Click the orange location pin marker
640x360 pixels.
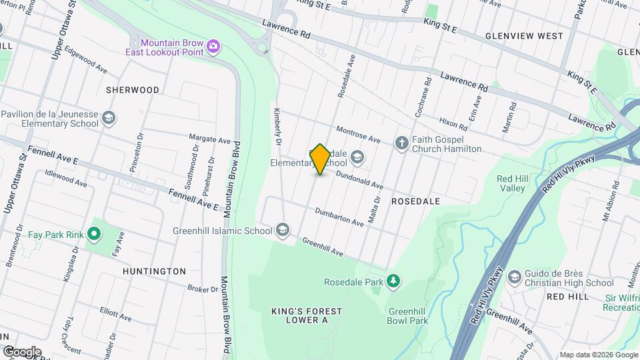320,159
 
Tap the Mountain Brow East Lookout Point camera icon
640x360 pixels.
213,46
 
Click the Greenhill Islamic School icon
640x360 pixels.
283,231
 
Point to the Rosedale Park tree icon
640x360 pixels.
393,281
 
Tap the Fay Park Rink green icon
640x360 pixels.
94,234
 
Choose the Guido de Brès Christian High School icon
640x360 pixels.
514,277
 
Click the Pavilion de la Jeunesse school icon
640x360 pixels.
109,119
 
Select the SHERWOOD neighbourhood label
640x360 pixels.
133,89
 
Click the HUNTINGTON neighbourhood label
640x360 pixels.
154,271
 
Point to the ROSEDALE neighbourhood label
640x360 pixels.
415,201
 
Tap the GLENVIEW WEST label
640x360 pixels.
524,36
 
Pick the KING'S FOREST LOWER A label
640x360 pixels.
307,315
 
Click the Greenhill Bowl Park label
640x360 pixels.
407,315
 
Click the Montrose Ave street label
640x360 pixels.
357,134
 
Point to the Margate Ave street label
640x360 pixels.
209,140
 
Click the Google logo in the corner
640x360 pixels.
21,351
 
